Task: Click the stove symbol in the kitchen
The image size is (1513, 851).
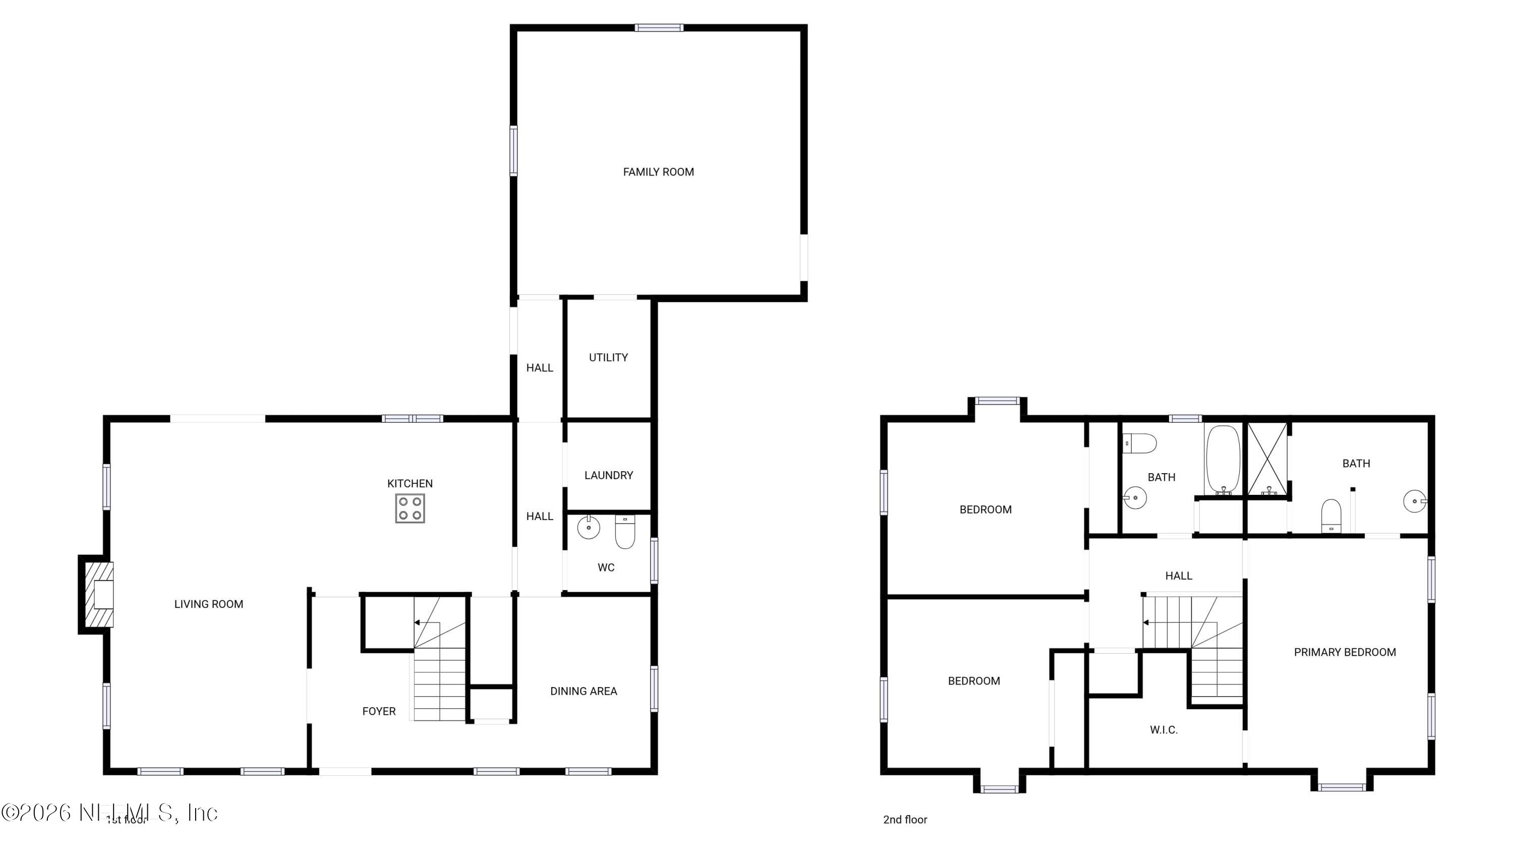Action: point(410,508)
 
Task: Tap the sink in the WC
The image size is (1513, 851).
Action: point(589,527)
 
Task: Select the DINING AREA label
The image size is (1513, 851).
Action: point(583,691)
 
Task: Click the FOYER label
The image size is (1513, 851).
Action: point(379,711)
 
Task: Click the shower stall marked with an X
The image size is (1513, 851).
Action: point(1267,459)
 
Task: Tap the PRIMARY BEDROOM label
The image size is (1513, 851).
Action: point(1345,652)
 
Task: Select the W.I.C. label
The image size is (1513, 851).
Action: point(1163,730)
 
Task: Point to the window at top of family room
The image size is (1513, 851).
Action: point(659,28)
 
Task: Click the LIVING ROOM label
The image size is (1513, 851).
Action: point(208,604)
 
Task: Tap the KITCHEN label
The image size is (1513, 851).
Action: point(410,483)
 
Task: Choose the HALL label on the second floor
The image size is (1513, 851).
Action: point(1178,576)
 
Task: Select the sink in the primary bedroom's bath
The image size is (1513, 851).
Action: point(1414,501)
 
